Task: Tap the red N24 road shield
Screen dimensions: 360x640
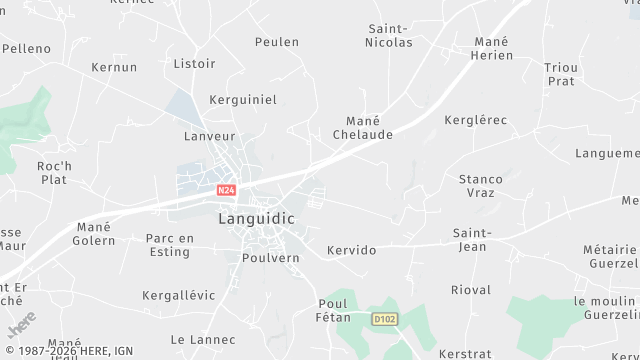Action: tap(226, 188)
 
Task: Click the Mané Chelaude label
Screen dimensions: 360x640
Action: tap(361, 127)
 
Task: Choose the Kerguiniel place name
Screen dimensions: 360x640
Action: tap(242, 100)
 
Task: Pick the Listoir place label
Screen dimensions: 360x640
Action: tap(195, 64)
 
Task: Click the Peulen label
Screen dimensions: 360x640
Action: tap(277, 42)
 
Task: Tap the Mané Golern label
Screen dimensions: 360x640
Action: tap(94, 234)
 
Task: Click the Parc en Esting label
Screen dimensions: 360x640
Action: tap(169, 245)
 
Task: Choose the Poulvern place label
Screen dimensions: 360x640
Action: tap(271, 257)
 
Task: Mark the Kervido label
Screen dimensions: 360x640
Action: tap(352, 250)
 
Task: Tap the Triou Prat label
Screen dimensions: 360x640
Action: tap(561, 73)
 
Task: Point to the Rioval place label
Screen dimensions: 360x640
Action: tap(471, 290)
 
